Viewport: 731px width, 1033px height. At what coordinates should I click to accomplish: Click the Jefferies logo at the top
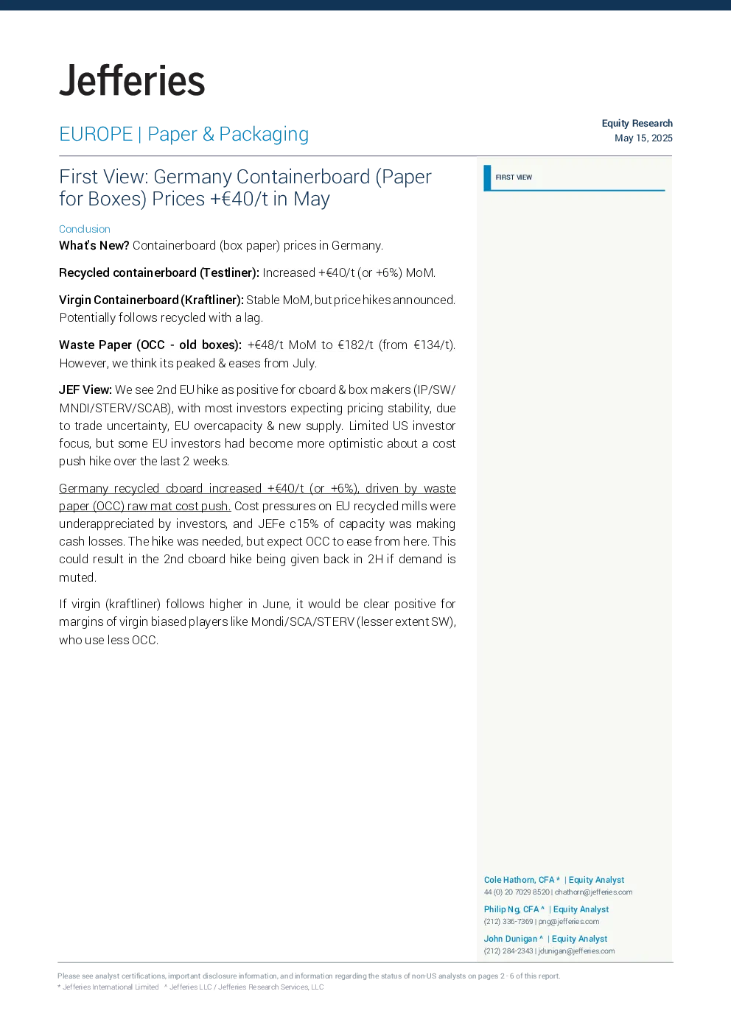(x=132, y=81)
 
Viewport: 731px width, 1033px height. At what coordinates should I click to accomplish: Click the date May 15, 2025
(x=643, y=138)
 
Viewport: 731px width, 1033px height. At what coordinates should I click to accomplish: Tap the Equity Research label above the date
(x=637, y=124)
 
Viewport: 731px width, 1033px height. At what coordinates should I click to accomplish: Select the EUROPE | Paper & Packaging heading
(x=183, y=134)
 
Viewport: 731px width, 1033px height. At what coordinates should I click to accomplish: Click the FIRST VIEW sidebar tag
(x=514, y=177)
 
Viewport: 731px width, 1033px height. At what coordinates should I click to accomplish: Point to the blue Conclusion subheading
(x=85, y=229)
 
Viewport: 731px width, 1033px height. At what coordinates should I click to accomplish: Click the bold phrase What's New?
(x=94, y=245)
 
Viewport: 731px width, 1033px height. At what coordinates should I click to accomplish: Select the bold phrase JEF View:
(x=85, y=389)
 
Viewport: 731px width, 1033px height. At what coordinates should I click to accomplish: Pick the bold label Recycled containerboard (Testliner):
(x=159, y=272)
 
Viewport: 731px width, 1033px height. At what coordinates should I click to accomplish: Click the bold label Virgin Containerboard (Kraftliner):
(x=151, y=300)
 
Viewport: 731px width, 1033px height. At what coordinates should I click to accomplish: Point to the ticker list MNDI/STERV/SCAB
(x=115, y=408)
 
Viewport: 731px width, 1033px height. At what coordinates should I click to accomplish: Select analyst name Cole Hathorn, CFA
(x=520, y=880)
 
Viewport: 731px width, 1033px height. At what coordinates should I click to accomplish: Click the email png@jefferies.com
(x=569, y=921)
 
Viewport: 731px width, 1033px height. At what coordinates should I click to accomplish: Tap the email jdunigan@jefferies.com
(x=576, y=951)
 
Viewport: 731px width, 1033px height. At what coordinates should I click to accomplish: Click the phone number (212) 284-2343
(x=508, y=951)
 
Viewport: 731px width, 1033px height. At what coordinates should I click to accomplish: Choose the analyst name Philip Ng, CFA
(x=511, y=909)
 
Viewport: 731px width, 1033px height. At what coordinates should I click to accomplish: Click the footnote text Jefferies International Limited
(x=111, y=987)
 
